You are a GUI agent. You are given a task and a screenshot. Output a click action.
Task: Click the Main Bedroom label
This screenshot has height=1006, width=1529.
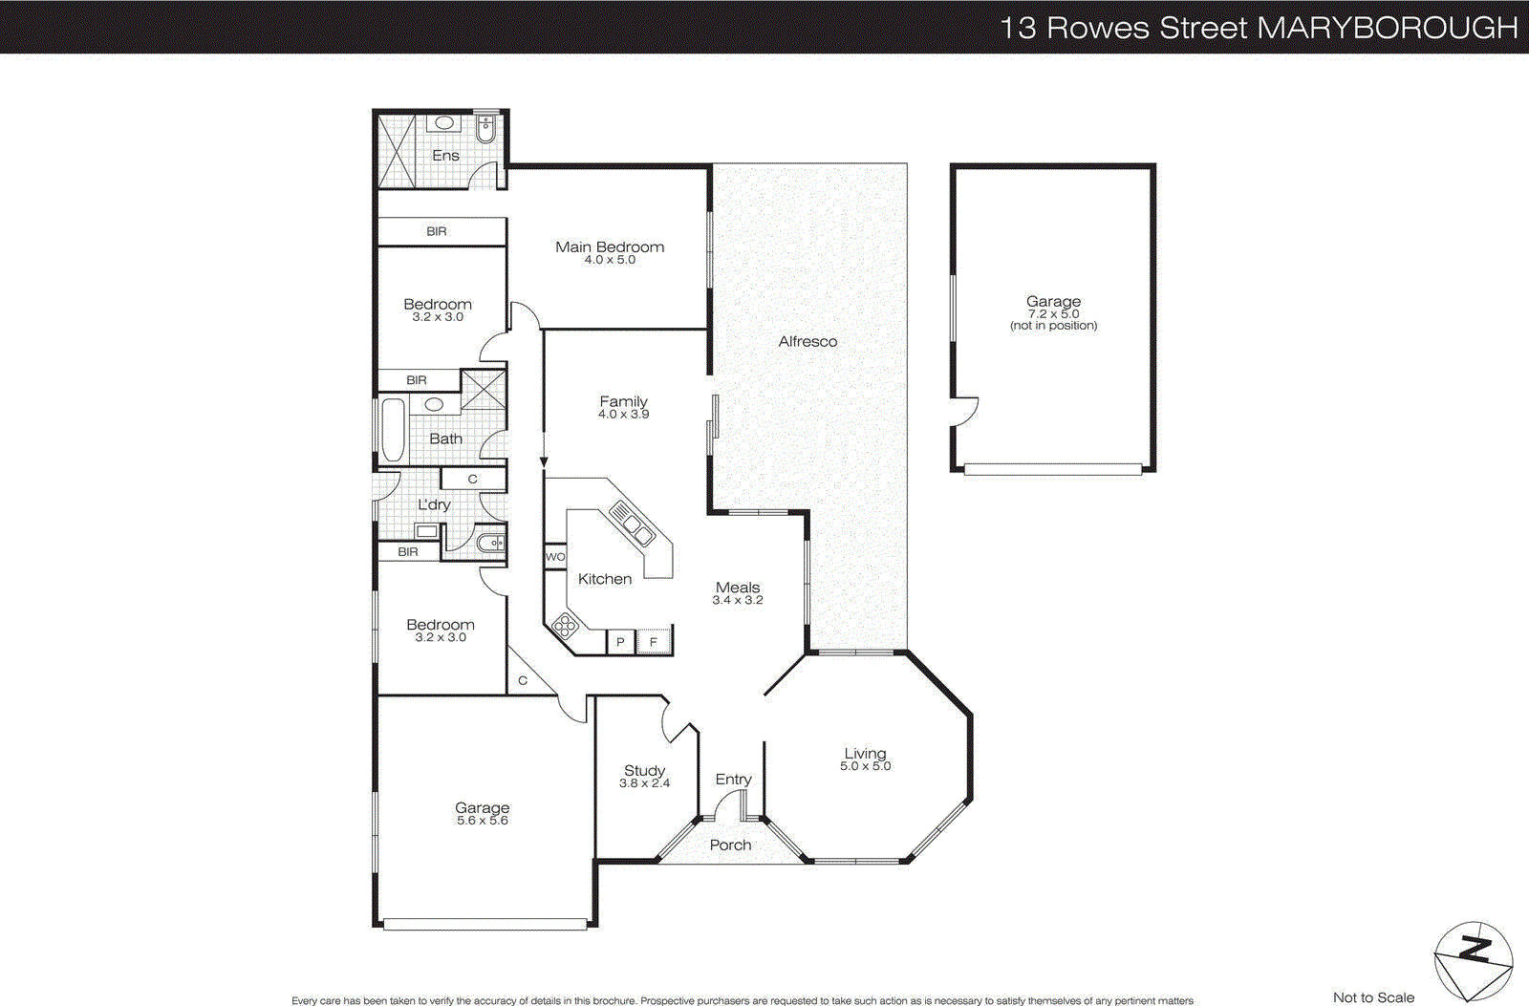(x=610, y=246)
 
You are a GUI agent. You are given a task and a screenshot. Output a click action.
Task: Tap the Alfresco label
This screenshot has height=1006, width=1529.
(x=808, y=341)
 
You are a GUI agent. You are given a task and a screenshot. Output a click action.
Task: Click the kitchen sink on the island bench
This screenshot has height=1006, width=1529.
(x=632, y=524)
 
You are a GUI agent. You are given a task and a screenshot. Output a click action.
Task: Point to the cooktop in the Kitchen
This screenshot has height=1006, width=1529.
(x=565, y=627)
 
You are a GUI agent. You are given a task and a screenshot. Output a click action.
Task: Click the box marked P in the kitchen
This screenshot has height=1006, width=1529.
(x=620, y=642)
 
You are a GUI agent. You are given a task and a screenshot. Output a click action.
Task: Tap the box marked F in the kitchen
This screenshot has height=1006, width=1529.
(x=654, y=642)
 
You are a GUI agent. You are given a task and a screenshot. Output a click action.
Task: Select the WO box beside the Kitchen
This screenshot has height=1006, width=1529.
(x=555, y=557)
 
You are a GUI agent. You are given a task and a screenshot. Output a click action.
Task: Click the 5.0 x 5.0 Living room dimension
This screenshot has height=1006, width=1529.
(x=865, y=766)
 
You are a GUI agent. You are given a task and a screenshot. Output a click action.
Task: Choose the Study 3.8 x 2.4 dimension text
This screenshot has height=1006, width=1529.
(x=644, y=783)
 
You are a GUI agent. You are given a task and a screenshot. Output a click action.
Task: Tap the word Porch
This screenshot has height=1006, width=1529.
(x=730, y=845)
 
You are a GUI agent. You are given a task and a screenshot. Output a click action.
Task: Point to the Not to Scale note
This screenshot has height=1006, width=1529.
(x=1373, y=996)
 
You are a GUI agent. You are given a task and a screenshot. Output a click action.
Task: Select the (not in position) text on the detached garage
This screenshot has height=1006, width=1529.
(x=1053, y=326)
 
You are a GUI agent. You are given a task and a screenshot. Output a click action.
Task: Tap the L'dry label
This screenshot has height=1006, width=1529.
(x=434, y=504)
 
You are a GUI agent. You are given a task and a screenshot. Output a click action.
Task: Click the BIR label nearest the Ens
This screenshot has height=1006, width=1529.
(x=437, y=231)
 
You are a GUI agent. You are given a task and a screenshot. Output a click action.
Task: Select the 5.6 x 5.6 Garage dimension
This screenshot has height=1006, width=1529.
(x=482, y=821)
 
